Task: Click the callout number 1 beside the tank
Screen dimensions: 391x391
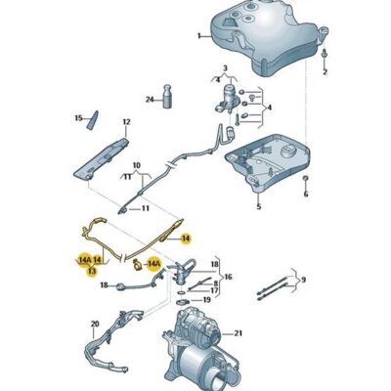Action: click(x=196, y=35)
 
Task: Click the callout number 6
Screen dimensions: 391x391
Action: click(x=305, y=194)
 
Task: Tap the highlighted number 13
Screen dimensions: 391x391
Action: click(x=92, y=270)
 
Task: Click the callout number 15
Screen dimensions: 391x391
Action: click(x=79, y=117)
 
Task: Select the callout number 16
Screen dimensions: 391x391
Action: click(x=228, y=278)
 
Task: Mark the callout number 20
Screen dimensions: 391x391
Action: click(x=95, y=324)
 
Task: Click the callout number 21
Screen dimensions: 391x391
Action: click(x=240, y=332)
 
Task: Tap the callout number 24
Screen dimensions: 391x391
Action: click(x=150, y=99)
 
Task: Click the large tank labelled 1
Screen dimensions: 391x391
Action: click(x=259, y=39)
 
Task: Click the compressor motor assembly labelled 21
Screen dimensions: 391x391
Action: click(x=200, y=347)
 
